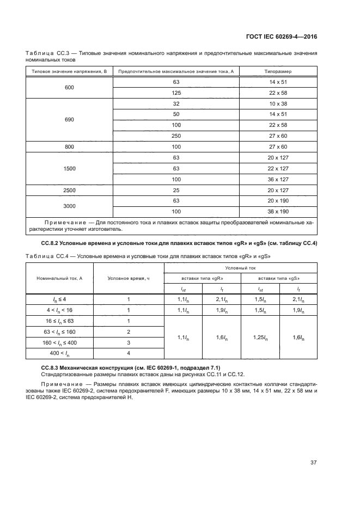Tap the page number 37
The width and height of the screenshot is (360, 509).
point(314,463)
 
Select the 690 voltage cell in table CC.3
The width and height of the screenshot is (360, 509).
point(69,119)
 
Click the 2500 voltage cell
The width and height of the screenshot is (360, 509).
point(69,190)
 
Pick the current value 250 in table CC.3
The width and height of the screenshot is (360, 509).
point(176,136)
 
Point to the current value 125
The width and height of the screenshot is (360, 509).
point(176,93)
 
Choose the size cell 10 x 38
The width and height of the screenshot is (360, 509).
point(278,103)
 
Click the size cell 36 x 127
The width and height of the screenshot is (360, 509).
point(278,179)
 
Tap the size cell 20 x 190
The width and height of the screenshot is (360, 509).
point(278,200)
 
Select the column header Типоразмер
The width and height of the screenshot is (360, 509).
point(278,71)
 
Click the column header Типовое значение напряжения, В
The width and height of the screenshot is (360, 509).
point(69,71)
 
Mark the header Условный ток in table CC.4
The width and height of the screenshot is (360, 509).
point(241,268)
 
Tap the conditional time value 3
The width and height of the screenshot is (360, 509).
point(129,342)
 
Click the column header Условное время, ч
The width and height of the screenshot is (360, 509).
point(129,278)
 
